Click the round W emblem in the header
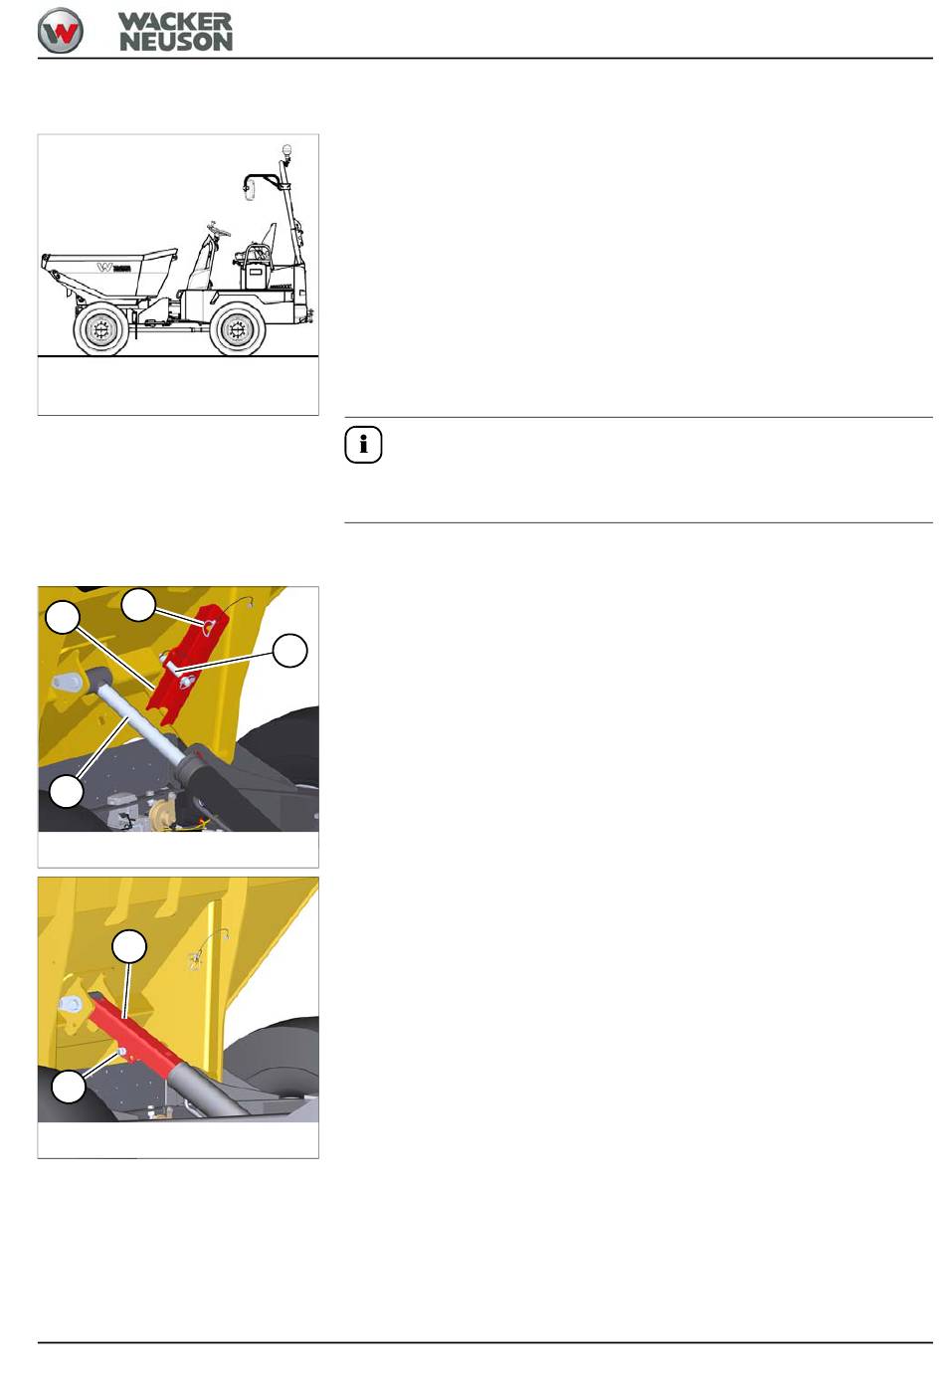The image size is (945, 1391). pos(60,31)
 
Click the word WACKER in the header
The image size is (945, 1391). pos(175,22)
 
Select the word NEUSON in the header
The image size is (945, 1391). pos(176,42)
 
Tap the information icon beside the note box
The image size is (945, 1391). pos(363,445)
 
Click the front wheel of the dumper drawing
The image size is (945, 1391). pos(101,328)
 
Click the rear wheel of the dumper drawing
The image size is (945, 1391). pos(237,329)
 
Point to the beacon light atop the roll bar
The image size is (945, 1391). pos(286,151)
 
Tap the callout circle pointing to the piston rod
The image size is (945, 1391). pos(67,792)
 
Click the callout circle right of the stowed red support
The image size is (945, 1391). pos(289,650)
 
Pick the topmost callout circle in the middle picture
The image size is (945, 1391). pos(138,604)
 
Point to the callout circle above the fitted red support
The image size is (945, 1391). pos(129,946)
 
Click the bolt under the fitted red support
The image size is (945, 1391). pos(121,1051)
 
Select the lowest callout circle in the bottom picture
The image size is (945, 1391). pos(69,1087)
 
